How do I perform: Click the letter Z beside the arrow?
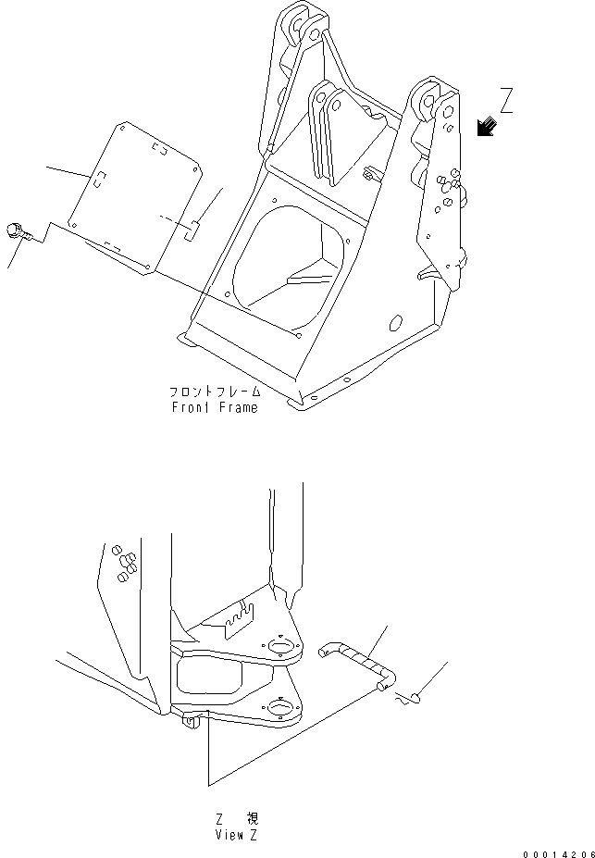[x=506, y=100]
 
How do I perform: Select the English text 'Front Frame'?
[x=214, y=407]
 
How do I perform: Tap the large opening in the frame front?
[x=289, y=264]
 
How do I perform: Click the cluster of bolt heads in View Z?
[x=123, y=563]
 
